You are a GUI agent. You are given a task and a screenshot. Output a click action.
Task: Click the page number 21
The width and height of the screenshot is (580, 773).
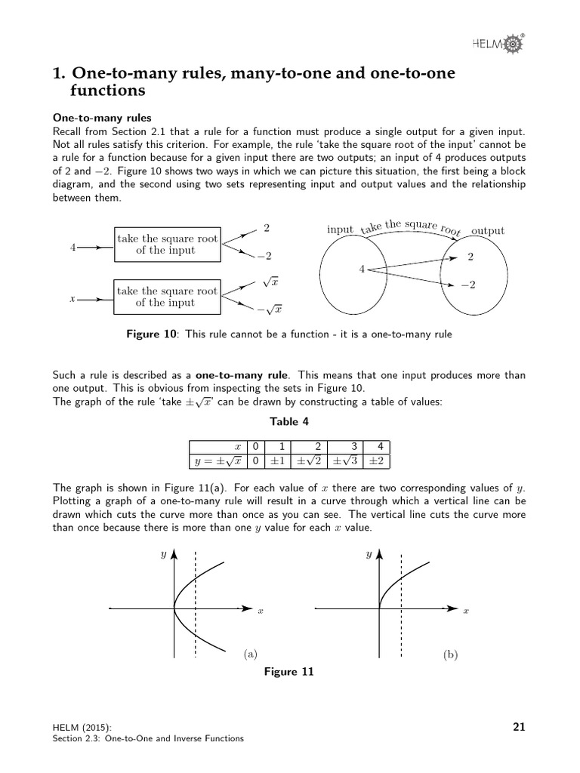(519, 727)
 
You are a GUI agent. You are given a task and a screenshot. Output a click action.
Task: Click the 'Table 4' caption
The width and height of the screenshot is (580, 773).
(290, 422)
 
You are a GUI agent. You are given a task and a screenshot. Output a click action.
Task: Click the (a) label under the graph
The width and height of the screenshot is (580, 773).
(250, 654)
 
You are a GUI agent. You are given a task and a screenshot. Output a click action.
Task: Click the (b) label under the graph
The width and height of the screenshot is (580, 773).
(451, 654)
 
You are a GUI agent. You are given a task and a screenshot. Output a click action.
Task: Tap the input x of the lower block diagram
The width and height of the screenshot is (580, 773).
(72, 299)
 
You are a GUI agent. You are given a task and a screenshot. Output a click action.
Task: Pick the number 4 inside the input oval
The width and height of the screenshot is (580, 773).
(362, 269)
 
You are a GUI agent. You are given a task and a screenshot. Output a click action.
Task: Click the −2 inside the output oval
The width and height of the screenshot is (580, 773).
(467, 286)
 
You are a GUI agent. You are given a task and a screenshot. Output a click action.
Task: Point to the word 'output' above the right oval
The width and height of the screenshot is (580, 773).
(487, 230)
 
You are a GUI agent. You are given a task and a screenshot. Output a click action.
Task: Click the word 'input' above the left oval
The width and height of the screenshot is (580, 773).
(340, 229)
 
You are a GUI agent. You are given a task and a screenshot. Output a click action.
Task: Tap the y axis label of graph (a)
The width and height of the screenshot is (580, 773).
(163, 555)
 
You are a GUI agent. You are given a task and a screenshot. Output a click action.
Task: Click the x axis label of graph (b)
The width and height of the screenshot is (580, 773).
(466, 611)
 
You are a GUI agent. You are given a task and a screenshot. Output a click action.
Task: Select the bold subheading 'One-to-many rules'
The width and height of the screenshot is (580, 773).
(101, 118)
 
